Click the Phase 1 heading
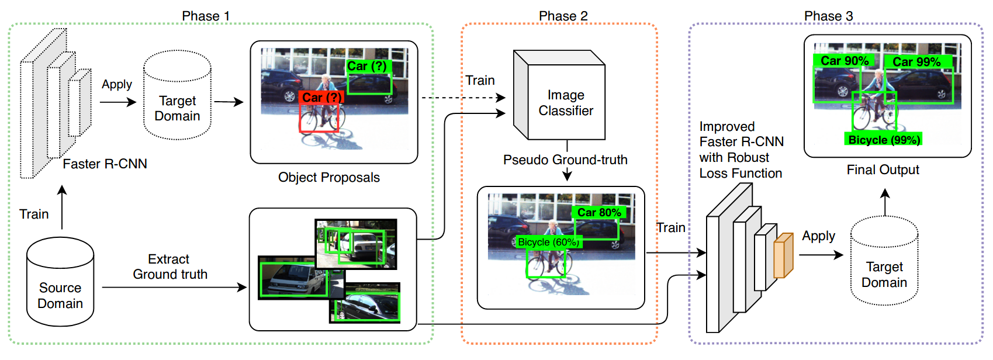click(206, 16)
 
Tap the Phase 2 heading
click(563, 16)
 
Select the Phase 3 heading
click(828, 16)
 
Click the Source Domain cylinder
click(60, 282)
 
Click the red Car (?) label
click(321, 97)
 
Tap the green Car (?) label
click(366, 66)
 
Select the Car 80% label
click(599, 213)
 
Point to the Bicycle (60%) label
click(548, 242)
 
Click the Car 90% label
click(844, 61)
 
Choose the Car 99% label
click(916, 61)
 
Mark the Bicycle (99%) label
click(884, 140)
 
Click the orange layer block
click(783, 255)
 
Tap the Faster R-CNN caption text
click(105, 164)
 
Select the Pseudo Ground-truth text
click(565, 160)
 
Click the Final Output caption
click(883, 170)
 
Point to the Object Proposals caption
click(328, 178)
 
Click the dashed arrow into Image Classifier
click(462, 98)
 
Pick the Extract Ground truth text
click(169, 266)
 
